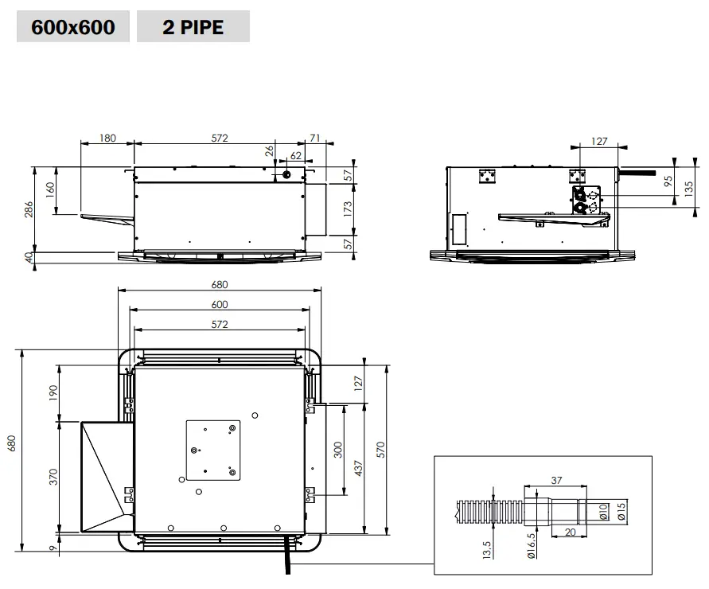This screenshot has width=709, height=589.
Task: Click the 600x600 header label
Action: click(72, 28)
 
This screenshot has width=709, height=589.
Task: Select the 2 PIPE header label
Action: click(193, 28)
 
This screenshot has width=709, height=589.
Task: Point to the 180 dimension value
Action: click(107, 138)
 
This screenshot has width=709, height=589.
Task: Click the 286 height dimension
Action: click(29, 210)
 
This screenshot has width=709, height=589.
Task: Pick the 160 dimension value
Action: click(50, 190)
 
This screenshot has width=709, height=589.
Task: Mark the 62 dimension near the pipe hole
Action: click(296, 156)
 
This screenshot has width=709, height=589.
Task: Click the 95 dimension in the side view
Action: click(668, 181)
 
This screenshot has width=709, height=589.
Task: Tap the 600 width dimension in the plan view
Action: click(220, 304)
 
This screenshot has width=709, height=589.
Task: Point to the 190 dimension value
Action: click(54, 392)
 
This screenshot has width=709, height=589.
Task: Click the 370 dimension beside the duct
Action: click(54, 478)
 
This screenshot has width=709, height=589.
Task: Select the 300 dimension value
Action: click(337, 449)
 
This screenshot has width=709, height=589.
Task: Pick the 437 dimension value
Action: click(358, 468)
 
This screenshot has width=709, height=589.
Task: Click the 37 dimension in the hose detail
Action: click(555, 479)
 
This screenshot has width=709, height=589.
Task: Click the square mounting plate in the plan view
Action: click(213, 450)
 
